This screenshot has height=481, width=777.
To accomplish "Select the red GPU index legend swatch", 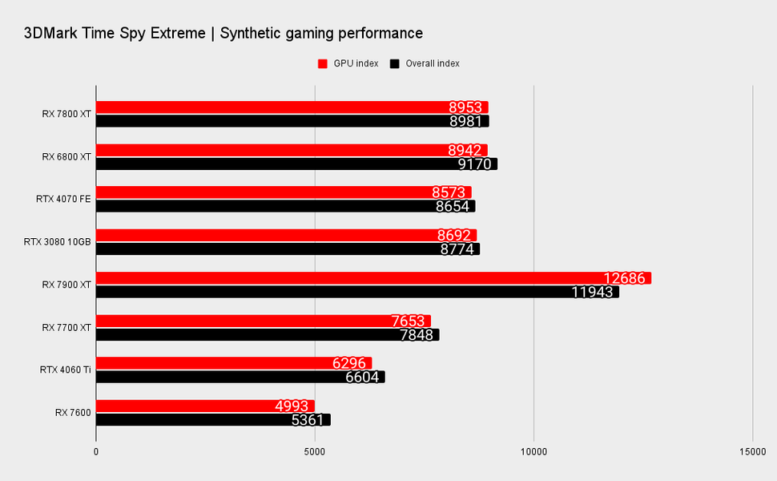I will pyautogui.click(x=323, y=63).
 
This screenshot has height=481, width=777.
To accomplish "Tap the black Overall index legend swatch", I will pyautogui.click(x=394, y=63).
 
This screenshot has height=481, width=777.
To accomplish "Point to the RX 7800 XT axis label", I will pyautogui.click(x=66, y=114).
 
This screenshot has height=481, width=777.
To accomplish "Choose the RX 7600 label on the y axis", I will pyautogui.click(x=73, y=413).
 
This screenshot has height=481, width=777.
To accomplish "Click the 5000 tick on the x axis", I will pyautogui.click(x=315, y=452).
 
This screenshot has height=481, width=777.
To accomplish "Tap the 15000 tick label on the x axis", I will pyautogui.click(x=752, y=452).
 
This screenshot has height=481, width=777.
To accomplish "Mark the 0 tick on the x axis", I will pyautogui.click(x=96, y=452).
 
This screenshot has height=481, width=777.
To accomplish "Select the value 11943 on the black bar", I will pyautogui.click(x=593, y=293).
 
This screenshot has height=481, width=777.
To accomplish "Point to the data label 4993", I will pyautogui.click(x=292, y=406).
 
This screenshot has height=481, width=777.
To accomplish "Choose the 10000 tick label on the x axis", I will pyautogui.click(x=533, y=452).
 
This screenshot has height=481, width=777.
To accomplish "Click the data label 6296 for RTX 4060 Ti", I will pyautogui.click(x=349, y=363).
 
